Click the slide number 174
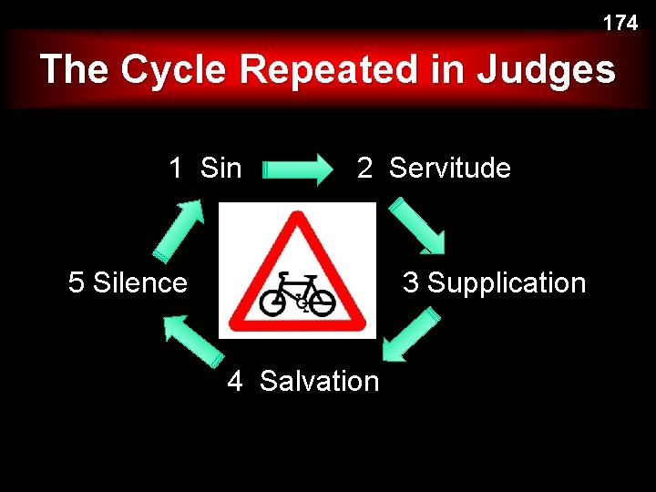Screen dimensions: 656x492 620,24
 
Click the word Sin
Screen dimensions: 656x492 220,168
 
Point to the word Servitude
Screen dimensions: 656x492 449,168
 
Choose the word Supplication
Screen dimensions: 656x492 507,282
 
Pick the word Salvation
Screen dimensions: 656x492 319,380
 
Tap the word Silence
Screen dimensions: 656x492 140,282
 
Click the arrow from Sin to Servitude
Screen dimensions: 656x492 298,169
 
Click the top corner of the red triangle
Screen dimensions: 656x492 295,216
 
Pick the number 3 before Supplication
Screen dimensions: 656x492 411,282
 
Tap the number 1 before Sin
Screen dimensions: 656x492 176,168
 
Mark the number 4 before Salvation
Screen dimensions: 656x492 235,381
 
